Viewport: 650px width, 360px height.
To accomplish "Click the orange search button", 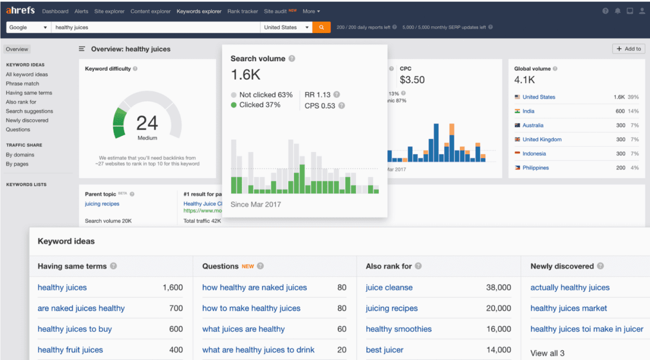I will [321, 27].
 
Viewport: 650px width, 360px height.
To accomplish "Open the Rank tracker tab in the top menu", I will [243, 11].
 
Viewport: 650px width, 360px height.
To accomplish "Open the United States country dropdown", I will [286, 27].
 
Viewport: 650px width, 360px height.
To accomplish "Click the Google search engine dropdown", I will [28, 27].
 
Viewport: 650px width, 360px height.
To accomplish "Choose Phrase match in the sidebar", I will [22, 83].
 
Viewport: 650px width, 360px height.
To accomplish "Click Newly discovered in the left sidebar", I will [27, 120].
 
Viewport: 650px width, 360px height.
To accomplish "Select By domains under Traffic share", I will [20, 155].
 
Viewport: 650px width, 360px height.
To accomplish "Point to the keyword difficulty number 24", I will [147, 123].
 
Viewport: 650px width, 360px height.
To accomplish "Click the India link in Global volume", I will [528, 111].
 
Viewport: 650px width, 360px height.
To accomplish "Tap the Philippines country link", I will [535, 168].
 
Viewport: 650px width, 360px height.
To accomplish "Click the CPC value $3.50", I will [412, 80].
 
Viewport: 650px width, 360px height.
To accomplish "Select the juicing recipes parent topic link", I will [102, 204].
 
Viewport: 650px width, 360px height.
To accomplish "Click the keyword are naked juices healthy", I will [81, 309].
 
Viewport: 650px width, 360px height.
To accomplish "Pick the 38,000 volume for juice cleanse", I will [498, 287].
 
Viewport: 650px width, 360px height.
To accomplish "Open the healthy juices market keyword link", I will [569, 309].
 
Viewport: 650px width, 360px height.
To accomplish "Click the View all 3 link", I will [547, 353].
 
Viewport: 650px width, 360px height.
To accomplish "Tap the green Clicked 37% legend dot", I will [233, 105].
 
